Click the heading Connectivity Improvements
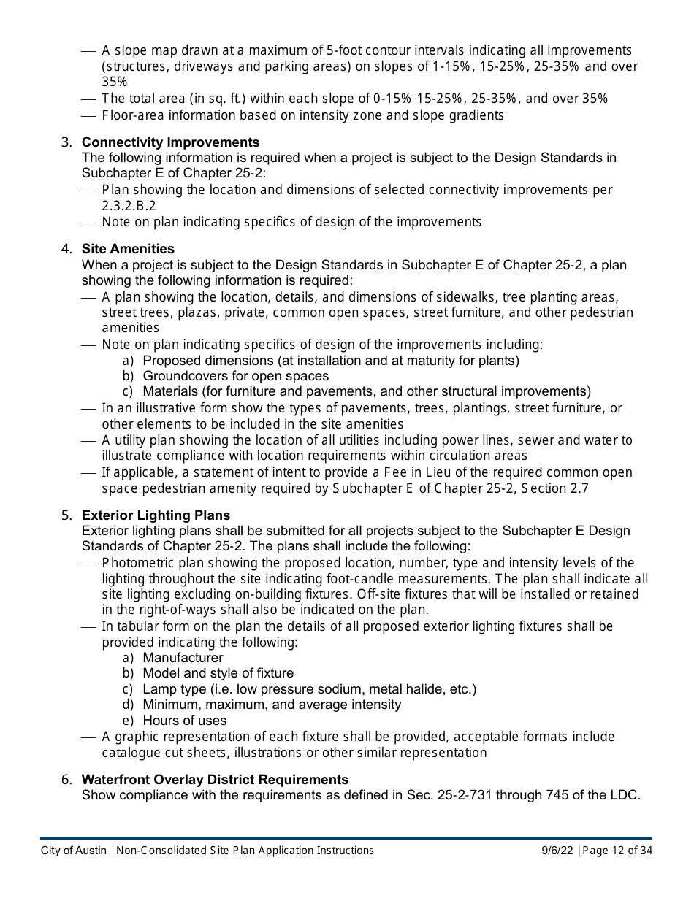click(170, 142)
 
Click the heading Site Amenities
click(128, 249)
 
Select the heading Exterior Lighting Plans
click(156, 515)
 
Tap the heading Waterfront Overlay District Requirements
click(215, 780)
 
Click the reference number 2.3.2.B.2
click(129, 206)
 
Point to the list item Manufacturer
click(183, 658)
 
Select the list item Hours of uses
click(185, 721)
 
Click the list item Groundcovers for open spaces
click(235, 376)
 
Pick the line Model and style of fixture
click(218, 673)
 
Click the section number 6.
click(66, 780)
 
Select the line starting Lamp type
click(309, 689)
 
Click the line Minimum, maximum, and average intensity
click(272, 705)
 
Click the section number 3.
click(66, 142)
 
